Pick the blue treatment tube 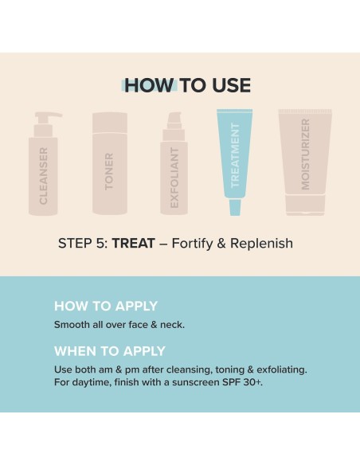235,159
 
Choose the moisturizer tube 304,163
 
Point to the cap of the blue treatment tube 235,208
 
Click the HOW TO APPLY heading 105,306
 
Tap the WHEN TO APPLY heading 109,351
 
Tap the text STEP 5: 82,243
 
